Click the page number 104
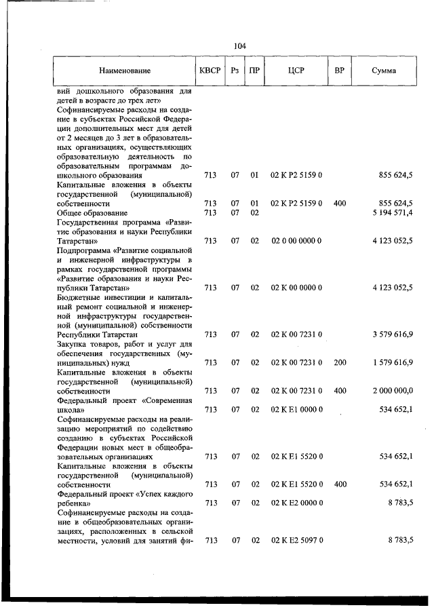coord(239,46)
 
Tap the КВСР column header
coord(210,71)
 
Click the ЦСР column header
coord(296,71)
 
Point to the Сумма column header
coord(384,71)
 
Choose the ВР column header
coord(340,71)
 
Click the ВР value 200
coord(340,363)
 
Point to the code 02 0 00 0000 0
coord(296,241)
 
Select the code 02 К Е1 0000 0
coord(296,410)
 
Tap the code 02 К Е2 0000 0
coord(296,503)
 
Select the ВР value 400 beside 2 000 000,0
coord(340,391)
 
